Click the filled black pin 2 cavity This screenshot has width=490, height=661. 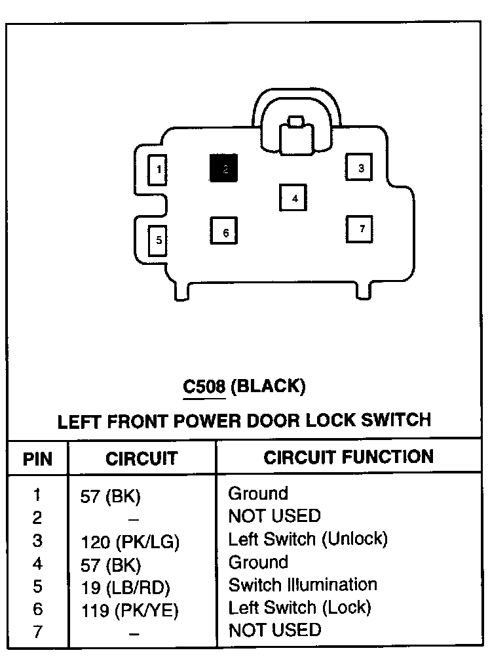[224, 169]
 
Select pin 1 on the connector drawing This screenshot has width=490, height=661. [157, 171]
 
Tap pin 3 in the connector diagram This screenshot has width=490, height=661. [360, 168]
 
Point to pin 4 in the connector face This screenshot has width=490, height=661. [293, 198]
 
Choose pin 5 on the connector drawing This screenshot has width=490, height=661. [157, 240]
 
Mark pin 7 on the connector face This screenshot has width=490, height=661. [360, 229]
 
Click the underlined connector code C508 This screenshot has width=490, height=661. [204, 387]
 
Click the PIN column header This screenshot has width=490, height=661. [37, 458]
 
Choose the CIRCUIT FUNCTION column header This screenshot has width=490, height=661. [348, 457]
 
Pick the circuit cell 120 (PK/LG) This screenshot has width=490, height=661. [130, 542]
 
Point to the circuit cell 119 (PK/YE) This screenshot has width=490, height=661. [129, 610]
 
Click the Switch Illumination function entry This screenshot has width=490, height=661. [302, 584]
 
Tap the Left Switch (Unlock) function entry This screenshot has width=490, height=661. [308, 539]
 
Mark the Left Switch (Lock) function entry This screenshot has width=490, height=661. [299, 607]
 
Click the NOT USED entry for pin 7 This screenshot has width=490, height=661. [274, 630]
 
